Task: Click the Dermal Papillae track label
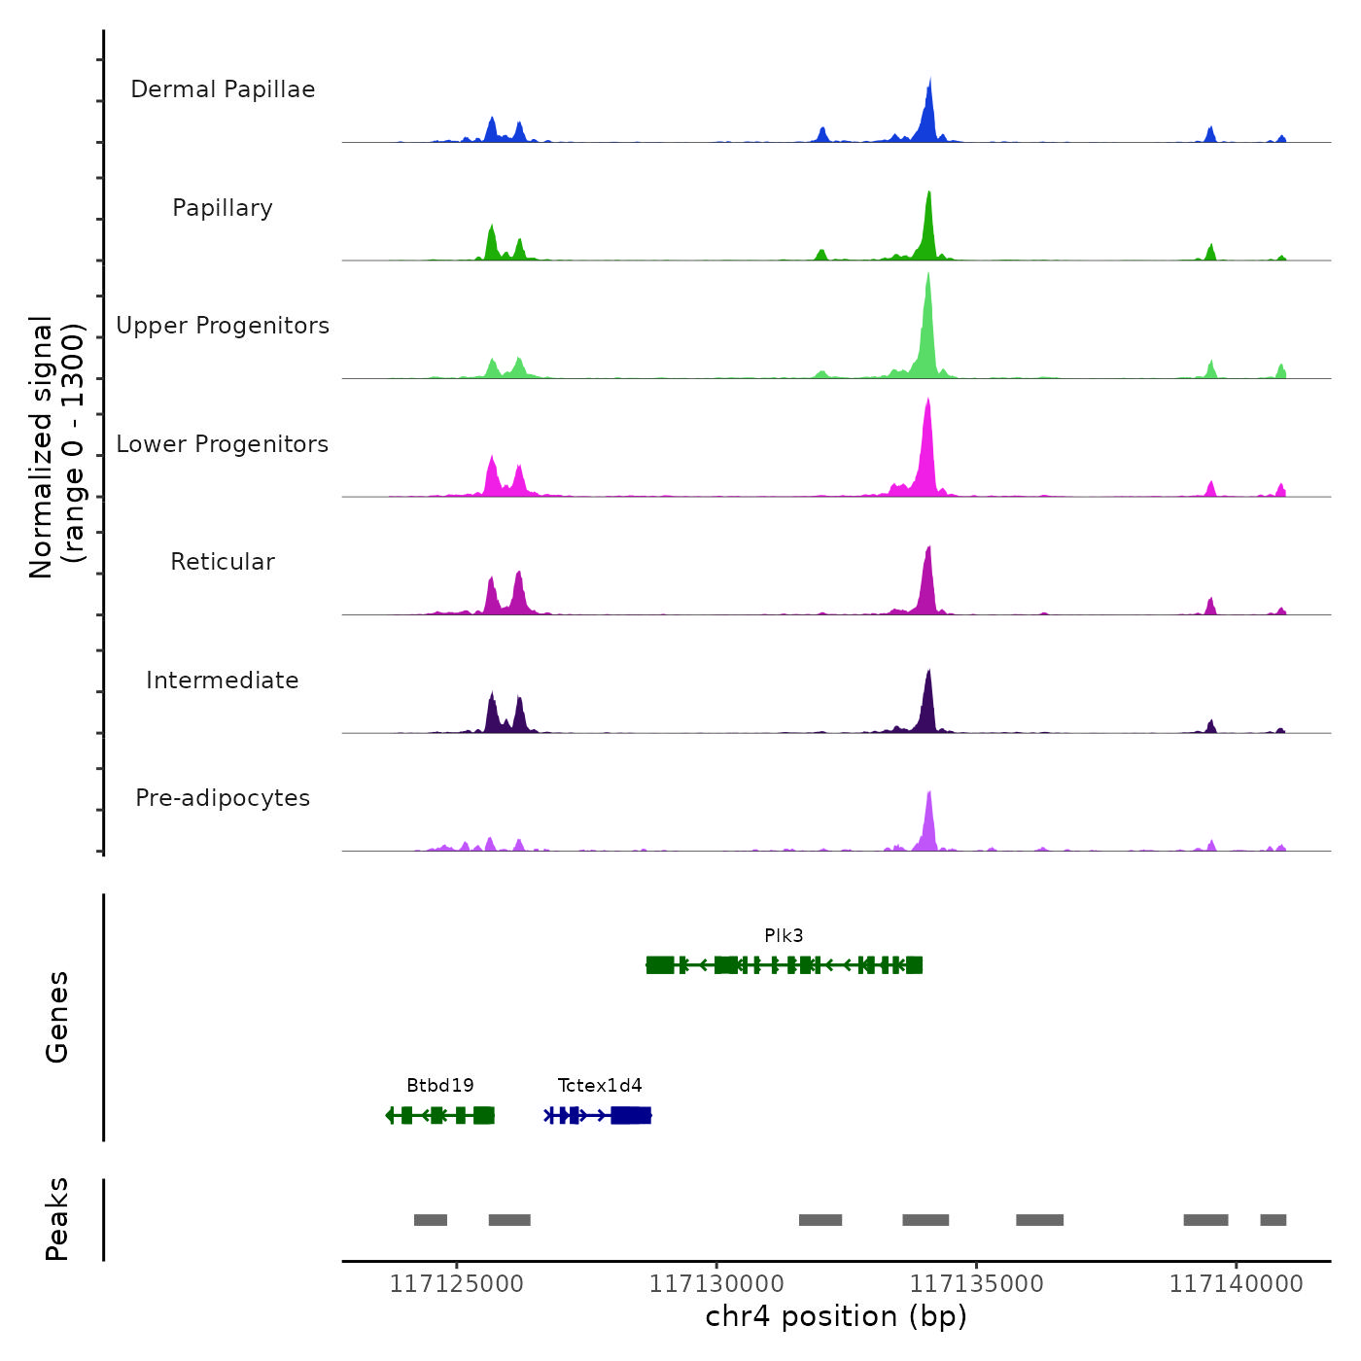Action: click(x=223, y=89)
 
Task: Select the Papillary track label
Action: click(x=223, y=208)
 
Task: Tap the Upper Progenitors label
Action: click(x=223, y=326)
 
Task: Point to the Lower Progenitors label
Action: click(x=223, y=444)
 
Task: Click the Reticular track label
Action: click(x=223, y=562)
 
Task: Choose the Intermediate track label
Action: click(x=223, y=680)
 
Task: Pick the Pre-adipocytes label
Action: click(x=223, y=798)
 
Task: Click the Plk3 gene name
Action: click(x=784, y=936)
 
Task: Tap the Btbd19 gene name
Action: click(x=440, y=1086)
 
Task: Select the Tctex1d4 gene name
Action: click(x=600, y=1086)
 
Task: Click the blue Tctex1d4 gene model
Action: click(x=598, y=1115)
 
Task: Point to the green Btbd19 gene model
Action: click(x=440, y=1115)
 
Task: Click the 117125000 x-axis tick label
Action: click(x=456, y=1284)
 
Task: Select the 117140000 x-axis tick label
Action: click(x=1236, y=1284)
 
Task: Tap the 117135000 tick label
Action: click(x=976, y=1284)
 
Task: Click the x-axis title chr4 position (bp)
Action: click(x=836, y=1317)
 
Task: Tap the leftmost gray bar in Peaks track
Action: click(x=431, y=1220)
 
